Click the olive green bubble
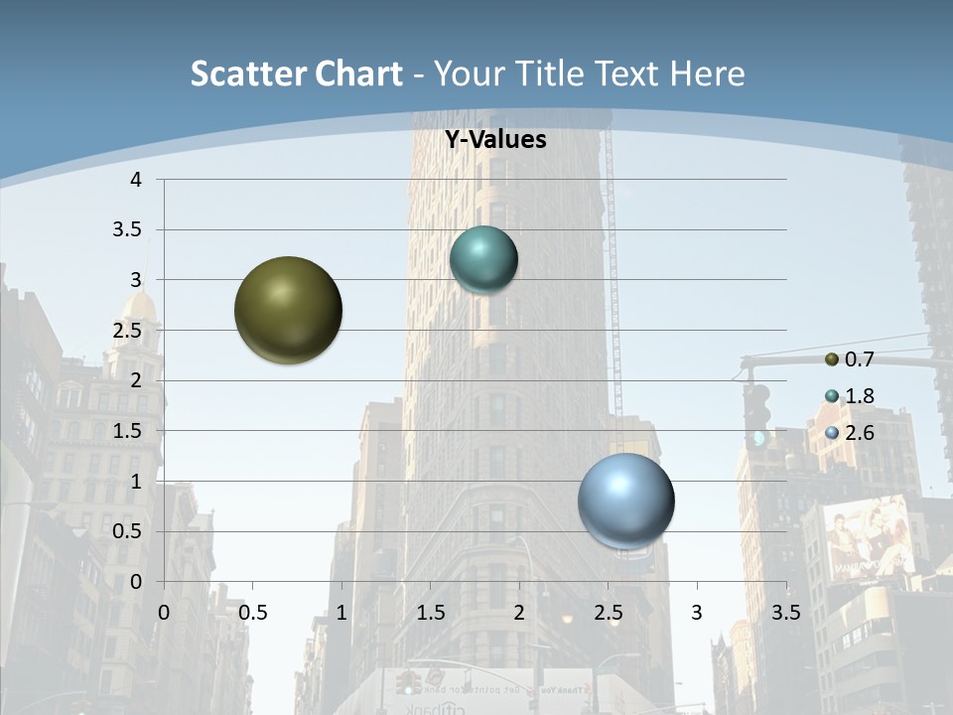click(288, 310)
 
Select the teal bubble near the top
click(483, 260)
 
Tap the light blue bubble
click(625, 500)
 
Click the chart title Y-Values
click(494, 140)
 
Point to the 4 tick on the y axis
click(136, 179)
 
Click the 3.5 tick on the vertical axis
click(129, 229)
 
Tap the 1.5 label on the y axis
click(129, 431)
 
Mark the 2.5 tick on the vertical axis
click(129, 330)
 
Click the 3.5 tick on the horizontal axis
click(785, 613)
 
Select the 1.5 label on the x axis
click(430, 613)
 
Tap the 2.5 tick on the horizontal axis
click(608, 613)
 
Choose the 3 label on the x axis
click(697, 613)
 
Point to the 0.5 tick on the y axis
click(129, 531)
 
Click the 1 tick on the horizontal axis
click(341, 613)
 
